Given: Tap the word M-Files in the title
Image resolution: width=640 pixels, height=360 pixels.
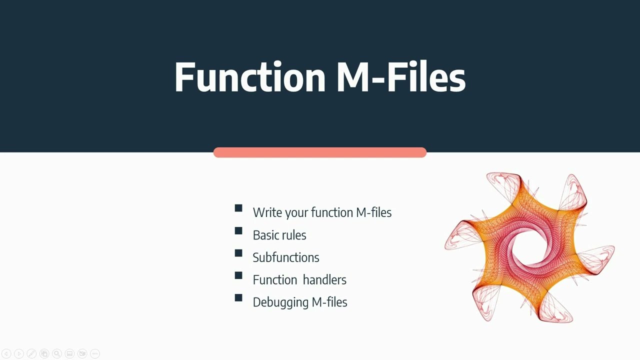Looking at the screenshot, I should click(400, 77).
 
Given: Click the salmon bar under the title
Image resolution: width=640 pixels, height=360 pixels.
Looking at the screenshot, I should click(319, 152).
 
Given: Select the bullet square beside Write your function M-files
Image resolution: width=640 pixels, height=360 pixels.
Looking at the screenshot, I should click(238, 208).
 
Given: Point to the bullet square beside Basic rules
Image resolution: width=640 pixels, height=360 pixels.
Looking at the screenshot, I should click(238, 231).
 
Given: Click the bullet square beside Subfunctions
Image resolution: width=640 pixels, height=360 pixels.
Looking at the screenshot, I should click(238, 253).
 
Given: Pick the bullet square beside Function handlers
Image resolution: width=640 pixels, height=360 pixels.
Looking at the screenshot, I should click(238, 275).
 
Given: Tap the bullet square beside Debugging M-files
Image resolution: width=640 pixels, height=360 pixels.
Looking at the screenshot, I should click(238, 298).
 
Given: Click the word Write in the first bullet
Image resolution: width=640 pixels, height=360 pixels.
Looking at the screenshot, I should click(267, 212).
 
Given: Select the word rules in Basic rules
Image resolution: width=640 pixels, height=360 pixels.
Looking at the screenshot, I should click(293, 235).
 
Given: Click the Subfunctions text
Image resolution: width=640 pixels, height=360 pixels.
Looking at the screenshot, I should click(285, 257).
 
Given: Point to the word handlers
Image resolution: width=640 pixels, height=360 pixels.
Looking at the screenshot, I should click(324, 280).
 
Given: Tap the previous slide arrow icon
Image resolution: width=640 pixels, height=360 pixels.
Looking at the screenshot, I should click(6, 354).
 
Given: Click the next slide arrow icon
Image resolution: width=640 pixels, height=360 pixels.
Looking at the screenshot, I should click(19, 354).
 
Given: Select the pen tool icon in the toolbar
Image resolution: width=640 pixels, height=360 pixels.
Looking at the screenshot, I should click(31, 354).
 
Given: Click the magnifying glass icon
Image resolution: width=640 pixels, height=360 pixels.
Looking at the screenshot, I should click(57, 354).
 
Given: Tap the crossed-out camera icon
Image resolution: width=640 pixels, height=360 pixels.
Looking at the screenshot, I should click(82, 354).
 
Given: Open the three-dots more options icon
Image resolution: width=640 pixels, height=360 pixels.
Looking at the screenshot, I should click(94, 354).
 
